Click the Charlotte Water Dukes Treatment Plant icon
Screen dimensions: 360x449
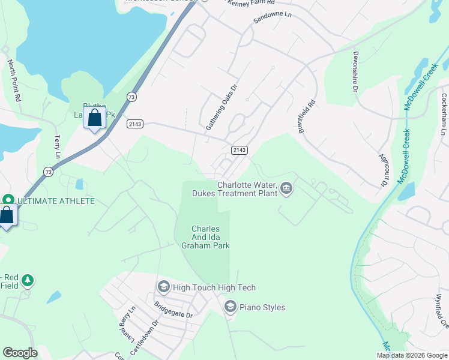pos(286,190)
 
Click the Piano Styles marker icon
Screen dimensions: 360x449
pos(230,307)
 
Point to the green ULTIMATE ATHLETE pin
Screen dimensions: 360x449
pos(8,200)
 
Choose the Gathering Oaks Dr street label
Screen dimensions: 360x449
pos(222,107)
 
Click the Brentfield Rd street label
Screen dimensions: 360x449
pos(306,116)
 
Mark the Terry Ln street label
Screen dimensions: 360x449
pos(58,146)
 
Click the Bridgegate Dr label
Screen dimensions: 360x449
pos(173,311)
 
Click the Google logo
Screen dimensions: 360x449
pos(20,353)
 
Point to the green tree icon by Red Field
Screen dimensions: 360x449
pos(28,280)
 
